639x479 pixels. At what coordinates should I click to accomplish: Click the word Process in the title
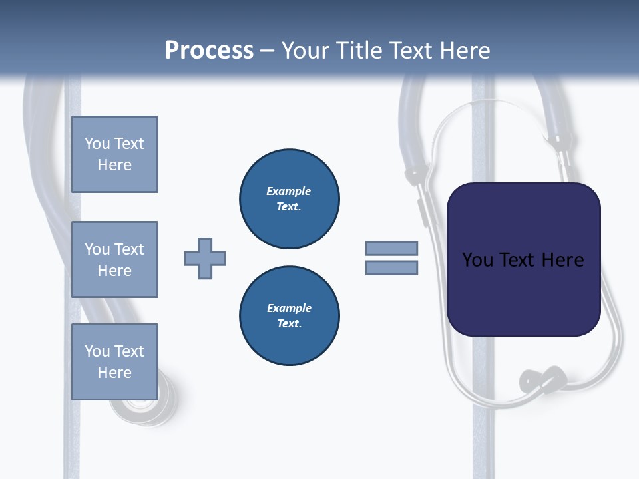(x=209, y=50)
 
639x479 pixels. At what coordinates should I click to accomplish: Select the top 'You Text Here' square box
(x=114, y=154)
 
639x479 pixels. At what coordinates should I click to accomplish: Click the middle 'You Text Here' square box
(x=114, y=259)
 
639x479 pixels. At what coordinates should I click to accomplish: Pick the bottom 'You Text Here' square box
(x=114, y=362)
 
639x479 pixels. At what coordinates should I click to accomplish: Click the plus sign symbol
(x=205, y=258)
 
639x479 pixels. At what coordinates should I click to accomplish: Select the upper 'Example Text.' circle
(x=290, y=199)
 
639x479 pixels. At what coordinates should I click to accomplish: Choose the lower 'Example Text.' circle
(x=290, y=316)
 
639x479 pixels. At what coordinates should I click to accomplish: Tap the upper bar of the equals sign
(x=391, y=248)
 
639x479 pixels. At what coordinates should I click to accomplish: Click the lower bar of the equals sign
(x=391, y=267)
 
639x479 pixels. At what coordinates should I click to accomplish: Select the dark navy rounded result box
(x=523, y=259)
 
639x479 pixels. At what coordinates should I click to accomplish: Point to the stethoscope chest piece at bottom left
(x=143, y=406)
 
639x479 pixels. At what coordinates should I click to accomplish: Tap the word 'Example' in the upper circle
(x=289, y=191)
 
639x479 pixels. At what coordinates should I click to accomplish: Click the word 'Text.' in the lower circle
(x=290, y=324)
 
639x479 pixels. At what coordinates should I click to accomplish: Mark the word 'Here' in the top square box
(x=114, y=165)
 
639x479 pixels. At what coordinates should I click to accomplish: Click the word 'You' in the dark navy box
(x=477, y=260)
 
